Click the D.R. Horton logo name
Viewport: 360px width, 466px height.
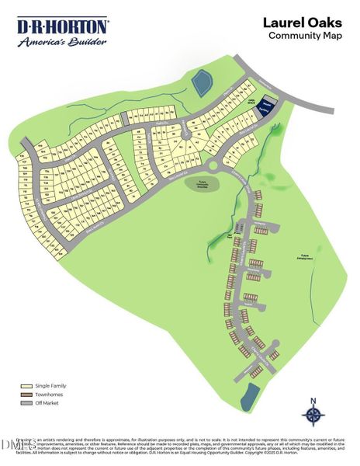click(x=63, y=27)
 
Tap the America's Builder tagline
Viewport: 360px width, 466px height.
click(x=63, y=42)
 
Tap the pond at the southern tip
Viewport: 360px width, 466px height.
click(x=248, y=396)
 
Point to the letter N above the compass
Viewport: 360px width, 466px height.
click(x=313, y=401)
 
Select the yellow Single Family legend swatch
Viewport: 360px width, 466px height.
click(x=26, y=384)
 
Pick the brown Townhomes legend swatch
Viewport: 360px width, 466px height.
click(x=26, y=394)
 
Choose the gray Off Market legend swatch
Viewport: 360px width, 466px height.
click(x=26, y=403)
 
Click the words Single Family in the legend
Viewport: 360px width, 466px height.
click(x=47, y=384)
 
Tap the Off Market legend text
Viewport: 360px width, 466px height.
click(x=46, y=403)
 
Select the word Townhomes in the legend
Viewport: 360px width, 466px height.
click(x=47, y=394)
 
